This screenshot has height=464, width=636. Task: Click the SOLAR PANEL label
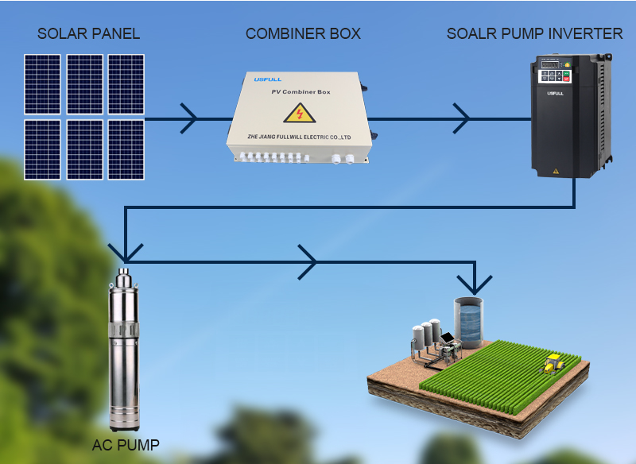(x=88, y=33)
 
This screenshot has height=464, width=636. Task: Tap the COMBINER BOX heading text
(x=303, y=33)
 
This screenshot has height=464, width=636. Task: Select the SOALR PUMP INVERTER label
(x=534, y=33)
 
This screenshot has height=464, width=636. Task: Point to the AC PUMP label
(x=125, y=444)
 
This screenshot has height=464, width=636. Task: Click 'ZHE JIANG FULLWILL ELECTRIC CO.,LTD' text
(x=299, y=136)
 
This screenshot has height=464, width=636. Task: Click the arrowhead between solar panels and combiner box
(x=189, y=119)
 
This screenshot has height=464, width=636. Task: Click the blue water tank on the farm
(x=468, y=323)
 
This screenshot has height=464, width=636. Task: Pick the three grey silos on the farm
(x=425, y=334)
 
